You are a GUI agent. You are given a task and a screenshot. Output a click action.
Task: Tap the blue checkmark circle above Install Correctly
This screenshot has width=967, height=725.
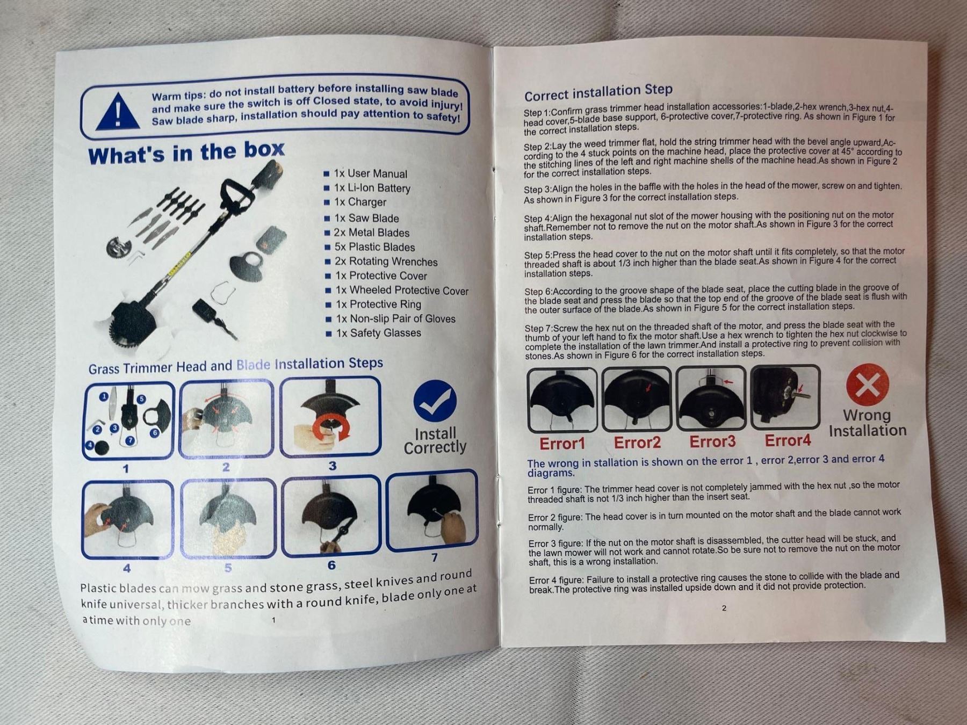[x=435, y=401]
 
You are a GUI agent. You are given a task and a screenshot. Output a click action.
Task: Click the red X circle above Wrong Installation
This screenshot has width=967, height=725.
[x=867, y=385]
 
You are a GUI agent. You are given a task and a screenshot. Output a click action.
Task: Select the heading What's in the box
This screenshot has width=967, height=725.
[x=186, y=153]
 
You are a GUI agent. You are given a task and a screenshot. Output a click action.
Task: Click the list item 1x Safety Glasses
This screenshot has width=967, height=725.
[x=374, y=333]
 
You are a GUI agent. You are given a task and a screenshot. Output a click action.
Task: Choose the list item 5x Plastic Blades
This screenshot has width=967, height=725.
[x=370, y=247]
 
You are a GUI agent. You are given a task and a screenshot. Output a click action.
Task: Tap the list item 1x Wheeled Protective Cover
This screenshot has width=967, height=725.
[x=397, y=291]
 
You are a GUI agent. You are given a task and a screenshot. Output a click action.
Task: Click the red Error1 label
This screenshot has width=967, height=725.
[x=562, y=444]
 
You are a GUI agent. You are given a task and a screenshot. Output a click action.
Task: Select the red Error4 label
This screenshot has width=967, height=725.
[x=788, y=441]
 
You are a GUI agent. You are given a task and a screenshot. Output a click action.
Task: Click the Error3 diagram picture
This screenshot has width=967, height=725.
[x=711, y=398]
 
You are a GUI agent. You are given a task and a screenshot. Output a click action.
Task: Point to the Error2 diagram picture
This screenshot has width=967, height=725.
[x=637, y=399]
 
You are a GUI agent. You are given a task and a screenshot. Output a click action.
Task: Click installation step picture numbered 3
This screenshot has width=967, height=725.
[x=330, y=416]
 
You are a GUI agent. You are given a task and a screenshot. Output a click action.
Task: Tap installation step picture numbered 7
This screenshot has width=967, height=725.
[x=432, y=510]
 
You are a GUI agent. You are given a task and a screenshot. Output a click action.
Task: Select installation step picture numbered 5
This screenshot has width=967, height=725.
[x=228, y=519]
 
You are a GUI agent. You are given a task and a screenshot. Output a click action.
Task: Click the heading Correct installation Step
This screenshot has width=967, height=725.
[x=598, y=92]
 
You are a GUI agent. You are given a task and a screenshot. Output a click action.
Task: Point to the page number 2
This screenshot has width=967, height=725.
[x=724, y=608]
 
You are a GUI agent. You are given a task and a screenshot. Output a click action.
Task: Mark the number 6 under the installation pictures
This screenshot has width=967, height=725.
[x=331, y=565]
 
